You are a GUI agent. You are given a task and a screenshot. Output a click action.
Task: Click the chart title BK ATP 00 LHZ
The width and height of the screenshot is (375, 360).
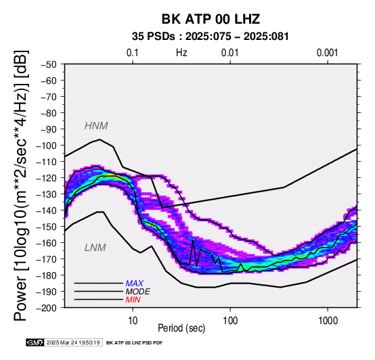(x=211, y=19)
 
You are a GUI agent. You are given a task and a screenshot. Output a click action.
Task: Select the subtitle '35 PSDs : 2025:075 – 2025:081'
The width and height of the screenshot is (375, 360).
(x=211, y=37)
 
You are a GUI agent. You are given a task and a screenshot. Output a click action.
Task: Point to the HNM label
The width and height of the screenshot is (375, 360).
(x=96, y=126)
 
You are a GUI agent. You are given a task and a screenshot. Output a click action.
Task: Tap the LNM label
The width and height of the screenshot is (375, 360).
(x=95, y=248)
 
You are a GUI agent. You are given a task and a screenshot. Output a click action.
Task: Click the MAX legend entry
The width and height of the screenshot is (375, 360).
(x=135, y=284)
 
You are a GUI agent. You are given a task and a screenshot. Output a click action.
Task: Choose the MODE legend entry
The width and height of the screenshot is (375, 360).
(x=138, y=292)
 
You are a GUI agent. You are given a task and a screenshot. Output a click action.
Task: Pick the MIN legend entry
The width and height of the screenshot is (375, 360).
(x=133, y=300)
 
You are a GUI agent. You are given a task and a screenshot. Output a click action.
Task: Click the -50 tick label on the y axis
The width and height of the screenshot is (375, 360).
(x=49, y=64)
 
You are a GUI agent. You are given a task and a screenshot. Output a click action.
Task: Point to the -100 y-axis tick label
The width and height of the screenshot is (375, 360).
(x=46, y=145)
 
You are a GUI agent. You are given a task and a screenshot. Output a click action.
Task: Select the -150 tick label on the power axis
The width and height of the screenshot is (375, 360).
(x=46, y=227)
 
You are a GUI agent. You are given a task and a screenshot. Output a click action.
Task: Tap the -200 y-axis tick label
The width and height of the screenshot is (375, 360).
(x=46, y=308)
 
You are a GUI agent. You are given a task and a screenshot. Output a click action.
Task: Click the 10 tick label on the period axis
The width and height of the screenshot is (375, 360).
(x=133, y=321)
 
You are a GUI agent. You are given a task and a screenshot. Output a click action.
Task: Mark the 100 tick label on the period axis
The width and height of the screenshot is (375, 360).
(x=230, y=321)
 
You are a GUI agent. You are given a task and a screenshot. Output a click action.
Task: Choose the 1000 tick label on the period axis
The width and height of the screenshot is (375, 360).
(x=328, y=321)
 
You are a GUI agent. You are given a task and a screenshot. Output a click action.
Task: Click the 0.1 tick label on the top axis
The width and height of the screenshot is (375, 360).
(x=133, y=53)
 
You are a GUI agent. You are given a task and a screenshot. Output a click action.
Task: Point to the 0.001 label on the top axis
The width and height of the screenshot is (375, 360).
(x=328, y=53)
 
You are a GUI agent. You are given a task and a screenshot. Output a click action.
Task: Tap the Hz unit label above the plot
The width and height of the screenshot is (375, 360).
(x=181, y=53)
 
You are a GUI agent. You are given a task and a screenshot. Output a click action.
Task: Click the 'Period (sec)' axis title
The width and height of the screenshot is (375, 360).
(x=181, y=328)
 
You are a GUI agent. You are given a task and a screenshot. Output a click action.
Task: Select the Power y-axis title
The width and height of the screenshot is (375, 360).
(x=21, y=185)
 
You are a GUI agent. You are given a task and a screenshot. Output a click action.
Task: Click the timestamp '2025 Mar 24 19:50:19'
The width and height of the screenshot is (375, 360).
(x=73, y=342)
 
